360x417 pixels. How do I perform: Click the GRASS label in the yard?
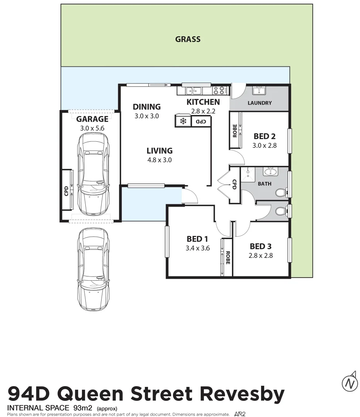(188, 39)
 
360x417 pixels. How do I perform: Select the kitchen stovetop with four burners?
(219, 91)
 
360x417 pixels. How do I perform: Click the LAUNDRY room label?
(260, 103)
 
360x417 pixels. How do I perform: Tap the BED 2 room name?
(265, 136)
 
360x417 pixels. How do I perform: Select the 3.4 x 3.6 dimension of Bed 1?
(197, 248)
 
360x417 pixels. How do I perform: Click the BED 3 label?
(261, 246)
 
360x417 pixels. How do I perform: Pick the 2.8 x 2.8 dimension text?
(261, 255)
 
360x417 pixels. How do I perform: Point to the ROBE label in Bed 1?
(228, 258)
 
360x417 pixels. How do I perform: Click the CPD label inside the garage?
(66, 191)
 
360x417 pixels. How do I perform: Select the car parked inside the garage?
(93, 175)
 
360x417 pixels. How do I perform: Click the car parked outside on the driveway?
(93, 269)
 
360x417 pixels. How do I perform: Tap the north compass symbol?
(350, 383)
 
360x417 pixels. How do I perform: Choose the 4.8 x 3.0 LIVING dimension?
(159, 159)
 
